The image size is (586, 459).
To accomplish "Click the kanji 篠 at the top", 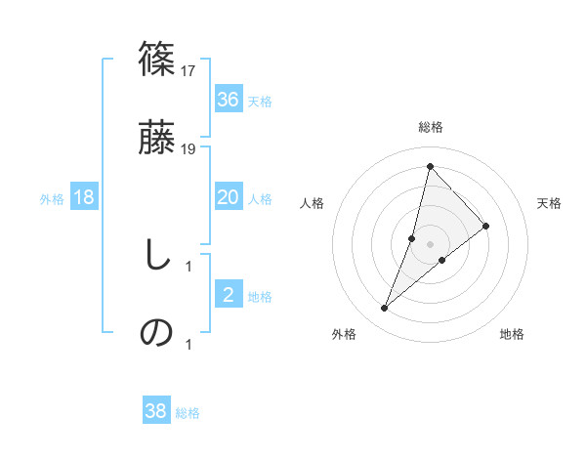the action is point(157,58).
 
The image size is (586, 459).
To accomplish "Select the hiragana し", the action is point(155,256).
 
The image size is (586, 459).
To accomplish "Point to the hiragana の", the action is point(157,332).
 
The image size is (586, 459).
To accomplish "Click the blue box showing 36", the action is point(228,99).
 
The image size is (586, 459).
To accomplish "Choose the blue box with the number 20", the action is point(228,197).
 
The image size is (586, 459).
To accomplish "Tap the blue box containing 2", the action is point(228,295).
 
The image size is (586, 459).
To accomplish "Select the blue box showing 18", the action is point(84,197).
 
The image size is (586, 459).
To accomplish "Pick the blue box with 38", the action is point(156,411).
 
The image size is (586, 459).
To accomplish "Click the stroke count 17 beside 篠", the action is point(188,71).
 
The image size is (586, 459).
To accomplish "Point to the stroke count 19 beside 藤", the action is point(188,149).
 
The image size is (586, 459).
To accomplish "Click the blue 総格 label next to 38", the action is point(188,413).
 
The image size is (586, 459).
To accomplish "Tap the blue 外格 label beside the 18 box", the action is point(52,199).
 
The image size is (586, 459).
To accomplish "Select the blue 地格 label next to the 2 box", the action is point(260,297).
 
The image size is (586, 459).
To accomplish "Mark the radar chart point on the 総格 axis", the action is point(430,165).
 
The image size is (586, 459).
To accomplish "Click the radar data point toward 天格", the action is point(485,226).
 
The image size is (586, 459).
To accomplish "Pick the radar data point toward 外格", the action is point(384,309).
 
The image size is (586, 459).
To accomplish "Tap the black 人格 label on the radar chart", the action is point(313,203).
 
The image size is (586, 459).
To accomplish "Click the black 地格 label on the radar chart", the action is point(512,334).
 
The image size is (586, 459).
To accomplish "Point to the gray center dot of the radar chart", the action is point(430,243).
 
